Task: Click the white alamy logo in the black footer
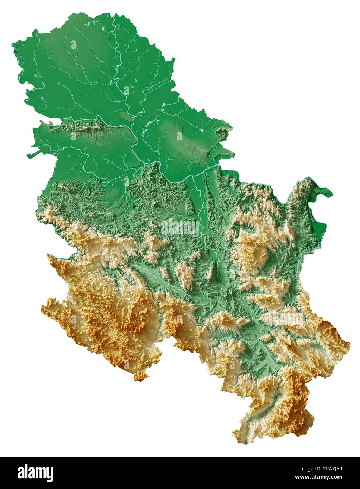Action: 35,473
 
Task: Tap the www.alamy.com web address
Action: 318,477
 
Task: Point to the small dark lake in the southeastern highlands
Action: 299,393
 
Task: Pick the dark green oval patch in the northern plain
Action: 125,116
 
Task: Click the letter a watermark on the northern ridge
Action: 74,136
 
